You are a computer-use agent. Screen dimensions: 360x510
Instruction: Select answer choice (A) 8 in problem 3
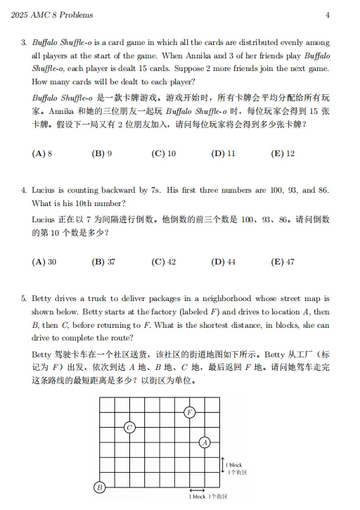43,153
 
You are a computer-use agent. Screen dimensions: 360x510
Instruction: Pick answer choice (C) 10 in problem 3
163,153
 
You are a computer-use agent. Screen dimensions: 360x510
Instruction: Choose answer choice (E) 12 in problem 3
283,153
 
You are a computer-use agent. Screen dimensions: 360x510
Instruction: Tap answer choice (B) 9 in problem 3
102,153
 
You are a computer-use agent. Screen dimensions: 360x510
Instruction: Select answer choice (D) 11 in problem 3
223,153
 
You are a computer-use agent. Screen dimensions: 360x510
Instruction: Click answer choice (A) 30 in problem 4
44,261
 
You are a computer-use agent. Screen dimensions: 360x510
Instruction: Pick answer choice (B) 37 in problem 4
104,261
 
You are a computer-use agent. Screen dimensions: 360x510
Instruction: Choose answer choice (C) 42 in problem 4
163,261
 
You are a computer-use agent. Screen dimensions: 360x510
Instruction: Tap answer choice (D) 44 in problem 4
223,261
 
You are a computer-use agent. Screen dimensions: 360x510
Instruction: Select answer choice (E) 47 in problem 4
283,261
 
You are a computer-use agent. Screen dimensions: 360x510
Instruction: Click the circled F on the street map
189,412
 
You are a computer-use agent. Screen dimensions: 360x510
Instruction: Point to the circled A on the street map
205,442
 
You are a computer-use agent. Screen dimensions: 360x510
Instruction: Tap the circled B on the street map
100,487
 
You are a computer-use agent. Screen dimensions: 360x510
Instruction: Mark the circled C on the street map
129,427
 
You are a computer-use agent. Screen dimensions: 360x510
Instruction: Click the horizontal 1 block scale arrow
197,490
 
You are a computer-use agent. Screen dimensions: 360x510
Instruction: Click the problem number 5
24,298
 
